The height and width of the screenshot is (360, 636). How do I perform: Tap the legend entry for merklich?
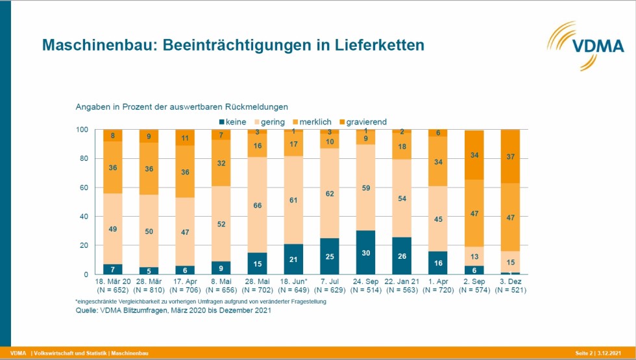pyautogui.click(x=312, y=121)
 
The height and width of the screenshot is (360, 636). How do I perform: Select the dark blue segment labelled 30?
pyautogui.click(x=367, y=252)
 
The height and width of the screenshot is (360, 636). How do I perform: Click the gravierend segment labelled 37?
pyautogui.click(x=511, y=156)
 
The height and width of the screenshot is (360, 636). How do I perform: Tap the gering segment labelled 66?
pyautogui.click(x=258, y=205)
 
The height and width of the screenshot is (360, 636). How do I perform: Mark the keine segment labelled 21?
pyautogui.click(x=294, y=259)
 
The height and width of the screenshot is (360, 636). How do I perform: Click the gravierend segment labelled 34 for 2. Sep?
pyautogui.click(x=474, y=155)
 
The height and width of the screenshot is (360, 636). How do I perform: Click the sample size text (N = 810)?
pyautogui.click(x=149, y=289)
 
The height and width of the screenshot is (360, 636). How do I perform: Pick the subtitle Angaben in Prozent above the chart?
pyautogui.click(x=182, y=106)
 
